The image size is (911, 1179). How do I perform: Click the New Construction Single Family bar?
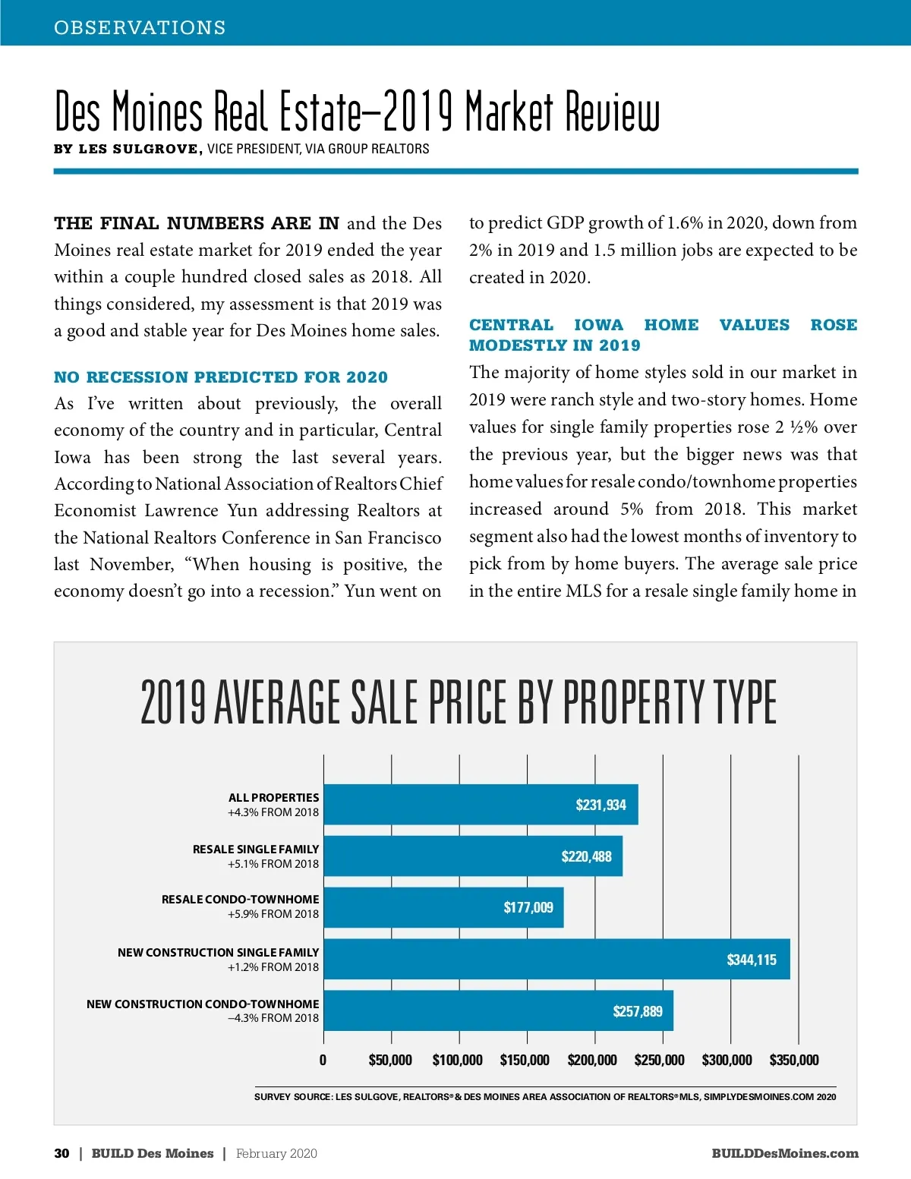pos(531,960)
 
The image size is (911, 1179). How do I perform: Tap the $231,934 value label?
pos(601,805)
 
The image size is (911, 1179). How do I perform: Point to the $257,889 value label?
pos(638,1011)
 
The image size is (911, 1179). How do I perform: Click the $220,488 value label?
pos(586,856)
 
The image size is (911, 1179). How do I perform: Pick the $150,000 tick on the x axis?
pos(525,1060)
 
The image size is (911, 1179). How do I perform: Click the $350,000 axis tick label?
pos(794,1060)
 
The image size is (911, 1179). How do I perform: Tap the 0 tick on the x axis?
pos(323,1060)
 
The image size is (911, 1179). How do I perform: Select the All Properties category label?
pos(273,797)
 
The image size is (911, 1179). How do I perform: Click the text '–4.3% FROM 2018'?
pos(273,1018)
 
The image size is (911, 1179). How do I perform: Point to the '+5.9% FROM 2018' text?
pos(273,914)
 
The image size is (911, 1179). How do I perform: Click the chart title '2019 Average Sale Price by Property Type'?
pos(459,701)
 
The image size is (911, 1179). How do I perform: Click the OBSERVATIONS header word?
pos(140,27)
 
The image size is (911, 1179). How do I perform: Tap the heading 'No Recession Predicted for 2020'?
pos(221,377)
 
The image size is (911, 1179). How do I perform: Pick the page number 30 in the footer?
pos(61,1153)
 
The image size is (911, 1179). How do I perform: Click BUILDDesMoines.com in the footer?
pos(785,1153)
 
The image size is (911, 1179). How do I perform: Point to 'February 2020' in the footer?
pos(276,1153)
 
